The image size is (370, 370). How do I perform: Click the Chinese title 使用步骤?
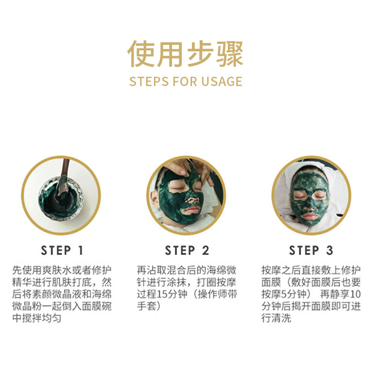pyautogui.click(x=185, y=54)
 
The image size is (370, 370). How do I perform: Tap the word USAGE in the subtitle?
pyautogui.click(x=222, y=81)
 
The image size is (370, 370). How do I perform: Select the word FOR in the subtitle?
pyautogui.click(x=185, y=81)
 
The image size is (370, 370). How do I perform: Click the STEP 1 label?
pyautogui.click(x=62, y=250)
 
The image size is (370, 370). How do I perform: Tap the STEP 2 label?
pyautogui.click(x=187, y=250)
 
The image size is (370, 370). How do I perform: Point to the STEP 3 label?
pyautogui.click(x=311, y=250)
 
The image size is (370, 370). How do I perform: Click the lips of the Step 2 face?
pyautogui.click(x=191, y=210)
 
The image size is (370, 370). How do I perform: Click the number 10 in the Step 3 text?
pyautogui.click(x=355, y=294)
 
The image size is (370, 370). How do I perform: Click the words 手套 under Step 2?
pyautogui.click(x=147, y=306)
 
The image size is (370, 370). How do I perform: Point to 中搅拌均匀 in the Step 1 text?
pyautogui.click(x=37, y=318)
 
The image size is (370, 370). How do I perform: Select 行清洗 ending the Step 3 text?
pyautogui.click(x=276, y=318)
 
